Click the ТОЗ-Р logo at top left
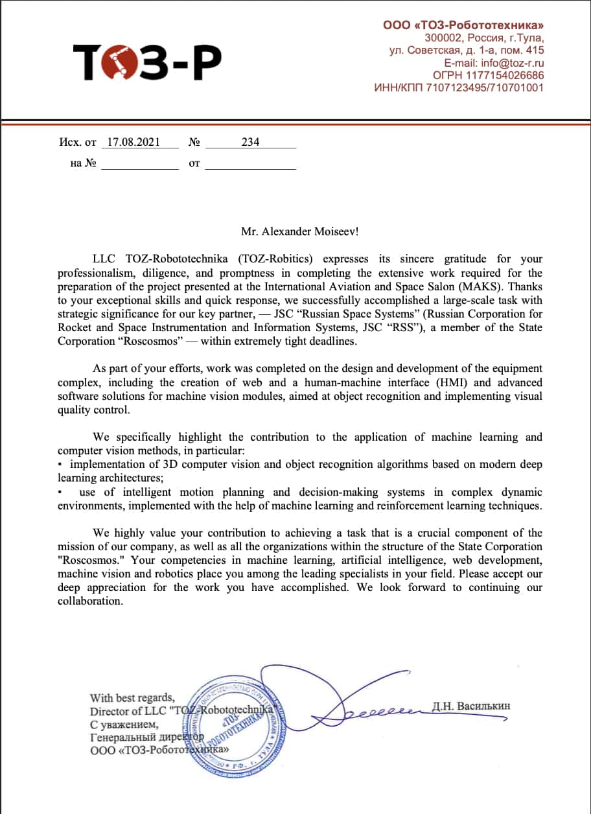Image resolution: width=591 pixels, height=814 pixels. pyautogui.click(x=147, y=62)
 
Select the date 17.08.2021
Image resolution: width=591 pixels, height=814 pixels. pyautogui.click(x=133, y=143)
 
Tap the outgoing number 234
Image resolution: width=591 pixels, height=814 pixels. pyautogui.click(x=250, y=143)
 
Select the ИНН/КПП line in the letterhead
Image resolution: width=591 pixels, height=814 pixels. pyautogui.click(x=459, y=87)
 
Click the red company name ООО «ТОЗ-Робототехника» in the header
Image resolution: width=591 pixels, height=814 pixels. pyautogui.click(x=463, y=25)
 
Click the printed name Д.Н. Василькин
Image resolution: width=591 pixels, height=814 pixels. pyautogui.click(x=470, y=706)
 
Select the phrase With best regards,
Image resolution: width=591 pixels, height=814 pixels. pyautogui.click(x=132, y=698)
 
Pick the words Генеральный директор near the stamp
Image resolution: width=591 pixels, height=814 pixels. pyautogui.click(x=147, y=737)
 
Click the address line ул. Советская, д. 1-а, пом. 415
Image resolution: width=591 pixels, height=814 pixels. pyautogui.click(x=467, y=51)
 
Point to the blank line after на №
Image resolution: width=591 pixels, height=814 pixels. pyautogui.click(x=139, y=164)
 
